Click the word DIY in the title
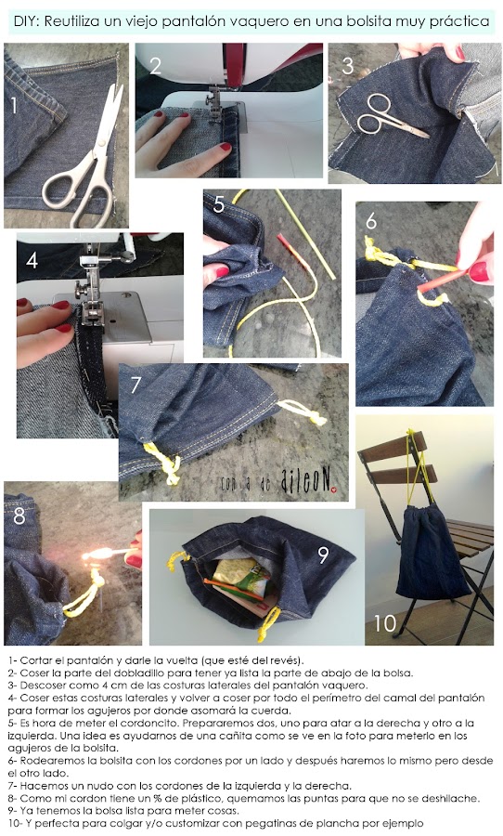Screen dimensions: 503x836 pos(24,22)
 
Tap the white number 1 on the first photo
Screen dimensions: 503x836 pos(14,105)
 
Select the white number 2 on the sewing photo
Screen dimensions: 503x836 pos(155,66)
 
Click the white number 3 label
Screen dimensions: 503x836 pos(347,66)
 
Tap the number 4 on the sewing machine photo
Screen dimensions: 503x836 pos(32,261)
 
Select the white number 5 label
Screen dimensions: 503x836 pos(219,204)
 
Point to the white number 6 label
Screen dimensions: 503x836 pos(371,221)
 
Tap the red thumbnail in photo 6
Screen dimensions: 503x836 pos(479,271)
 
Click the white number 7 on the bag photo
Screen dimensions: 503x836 pos(135,385)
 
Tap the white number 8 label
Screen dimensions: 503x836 pos(19,516)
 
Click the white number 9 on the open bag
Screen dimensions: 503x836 pos(324,555)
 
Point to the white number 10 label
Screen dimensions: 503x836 pos(385,622)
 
